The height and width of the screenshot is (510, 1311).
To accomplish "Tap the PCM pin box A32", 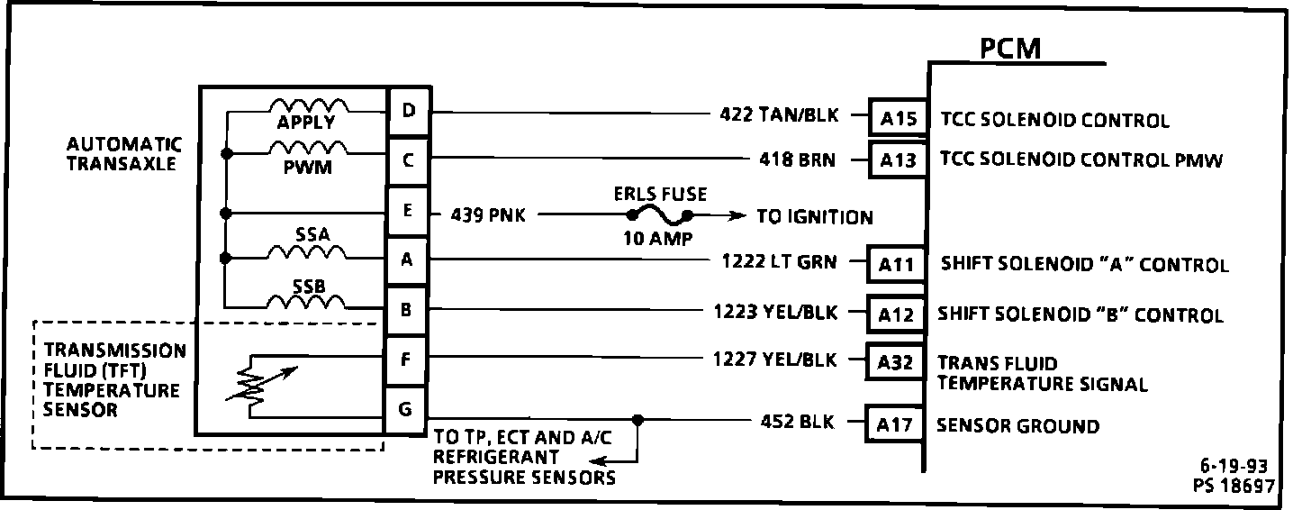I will [x=895, y=363].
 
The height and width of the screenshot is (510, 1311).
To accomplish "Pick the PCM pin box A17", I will [x=895, y=426].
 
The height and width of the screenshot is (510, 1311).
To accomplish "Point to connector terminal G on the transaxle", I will [x=406, y=411].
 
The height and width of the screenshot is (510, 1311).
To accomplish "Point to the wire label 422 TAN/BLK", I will [x=780, y=114].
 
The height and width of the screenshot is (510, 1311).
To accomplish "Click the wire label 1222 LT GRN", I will [x=779, y=262].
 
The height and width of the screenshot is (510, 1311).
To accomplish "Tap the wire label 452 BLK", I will [x=798, y=421].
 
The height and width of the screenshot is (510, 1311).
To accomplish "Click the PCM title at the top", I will [x=1010, y=48].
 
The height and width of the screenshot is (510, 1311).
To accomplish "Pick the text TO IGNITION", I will [x=814, y=217].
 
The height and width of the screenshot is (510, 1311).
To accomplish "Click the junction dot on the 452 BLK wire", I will [x=637, y=420].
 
